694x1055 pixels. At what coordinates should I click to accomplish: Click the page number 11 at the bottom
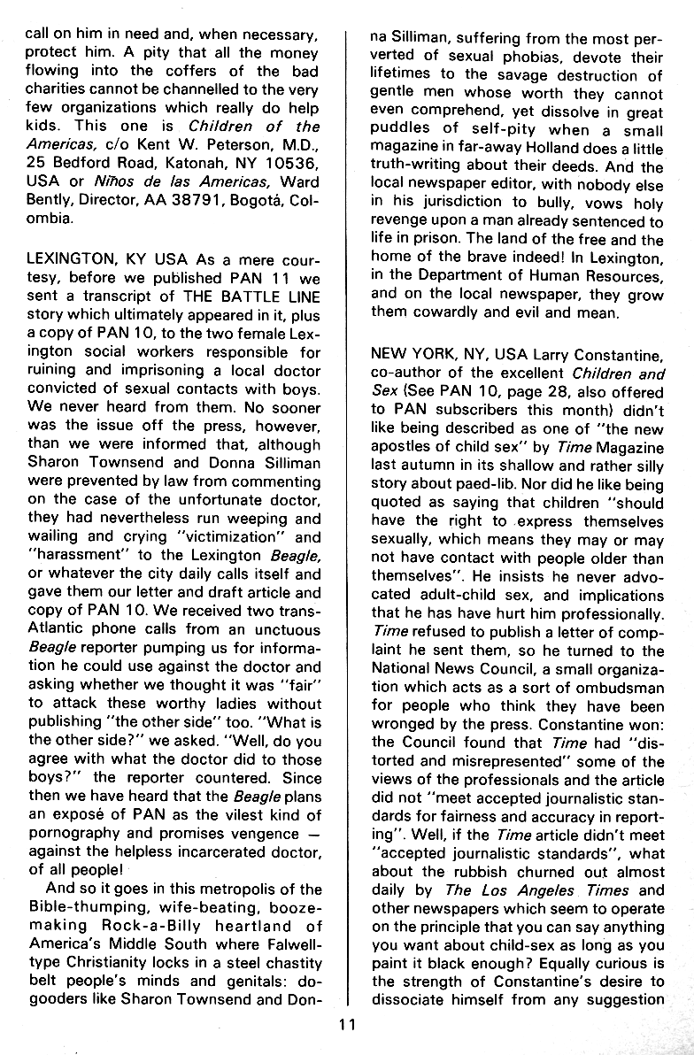[x=347, y=1028]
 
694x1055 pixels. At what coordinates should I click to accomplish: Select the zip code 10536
[x=288, y=164]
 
